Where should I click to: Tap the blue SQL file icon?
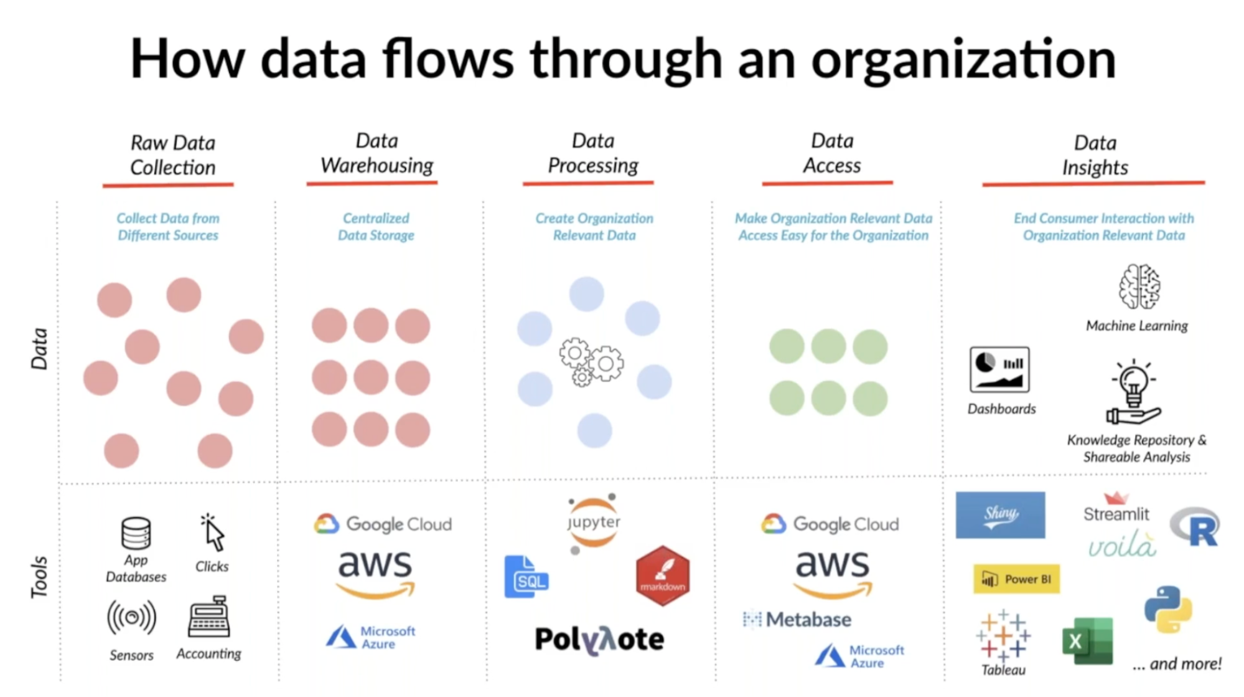tap(526, 577)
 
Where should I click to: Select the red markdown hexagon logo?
tap(663, 576)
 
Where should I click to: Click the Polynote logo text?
tap(599, 640)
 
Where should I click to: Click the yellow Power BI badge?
tap(1016, 579)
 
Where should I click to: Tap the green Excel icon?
tap(1087, 641)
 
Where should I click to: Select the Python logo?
tap(1168, 609)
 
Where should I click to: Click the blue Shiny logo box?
tap(1000, 515)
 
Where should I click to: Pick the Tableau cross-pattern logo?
tap(1003, 635)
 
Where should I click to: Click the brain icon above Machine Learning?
tap(1139, 287)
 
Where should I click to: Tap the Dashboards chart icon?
tap(999, 369)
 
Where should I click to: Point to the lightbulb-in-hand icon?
tap(1133, 392)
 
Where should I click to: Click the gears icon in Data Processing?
tap(591, 362)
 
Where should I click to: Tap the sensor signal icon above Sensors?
tap(131, 617)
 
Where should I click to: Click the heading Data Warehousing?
tap(376, 153)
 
